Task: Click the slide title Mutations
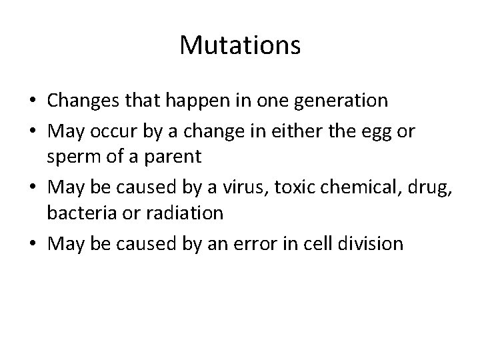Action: [x=240, y=45]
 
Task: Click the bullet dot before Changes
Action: [x=32, y=101]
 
